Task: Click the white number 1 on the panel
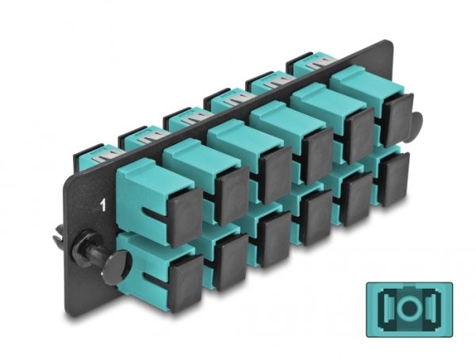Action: click(x=103, y=205)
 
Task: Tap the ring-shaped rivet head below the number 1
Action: click(x=84, y=248)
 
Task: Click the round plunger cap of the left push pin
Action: click(x=117, y=267)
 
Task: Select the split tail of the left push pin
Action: click(x=59, y=235)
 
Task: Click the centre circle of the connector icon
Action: click(x=409, y=309)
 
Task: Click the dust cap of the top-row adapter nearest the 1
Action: click(x=185, y=217)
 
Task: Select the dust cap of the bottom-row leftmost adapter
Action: click(x=186, y=283)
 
